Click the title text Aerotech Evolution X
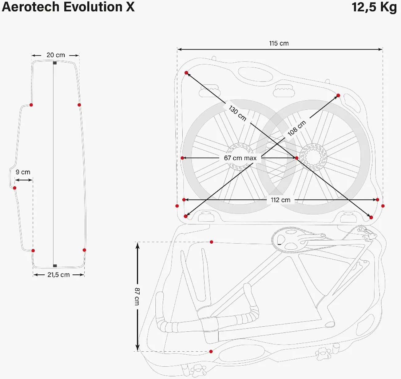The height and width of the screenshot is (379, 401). (x=68, y=7)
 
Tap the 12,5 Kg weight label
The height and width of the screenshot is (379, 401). (x=374, y=7)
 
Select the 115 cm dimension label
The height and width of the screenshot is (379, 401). (x=279, y=43)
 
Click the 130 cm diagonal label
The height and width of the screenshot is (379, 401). (x=237, y=113)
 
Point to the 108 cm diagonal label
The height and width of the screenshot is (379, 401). (x=297, y=128)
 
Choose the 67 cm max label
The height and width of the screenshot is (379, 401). (x=240, y=158)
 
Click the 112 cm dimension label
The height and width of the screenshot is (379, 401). (x=280, y=200)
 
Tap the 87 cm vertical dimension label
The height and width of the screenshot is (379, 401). (x=137, y=296)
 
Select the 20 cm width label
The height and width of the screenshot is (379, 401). (x=56, y=55)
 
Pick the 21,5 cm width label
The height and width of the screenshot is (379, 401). (x=58, y=275)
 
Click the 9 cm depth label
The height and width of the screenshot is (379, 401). (x=23, y=172)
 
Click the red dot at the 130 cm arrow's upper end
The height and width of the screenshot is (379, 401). (x=186, y=73)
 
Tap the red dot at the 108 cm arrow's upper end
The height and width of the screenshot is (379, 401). (x=338, y=95)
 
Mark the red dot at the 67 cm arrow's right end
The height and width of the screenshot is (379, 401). (x=296, y=158)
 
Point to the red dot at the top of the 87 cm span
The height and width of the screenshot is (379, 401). (x=211, y=242)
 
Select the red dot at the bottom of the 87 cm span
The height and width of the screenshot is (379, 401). (x=211, y=351)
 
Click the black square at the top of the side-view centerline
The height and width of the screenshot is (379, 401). (x=55, y=63)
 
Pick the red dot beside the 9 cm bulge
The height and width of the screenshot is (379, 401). (x=14, y=188)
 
